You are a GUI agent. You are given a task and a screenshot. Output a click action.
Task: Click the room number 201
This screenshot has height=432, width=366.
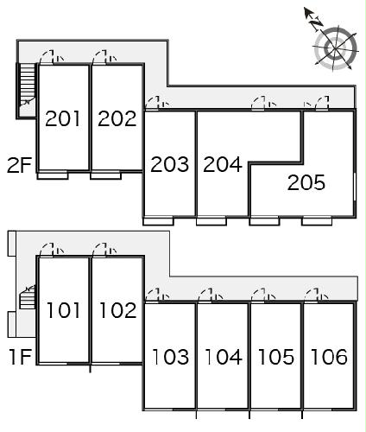(62, 118)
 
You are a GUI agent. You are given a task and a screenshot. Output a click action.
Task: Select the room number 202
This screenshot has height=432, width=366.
(117, 118)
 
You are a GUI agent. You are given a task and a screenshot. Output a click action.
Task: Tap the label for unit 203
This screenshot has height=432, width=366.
(170, 164)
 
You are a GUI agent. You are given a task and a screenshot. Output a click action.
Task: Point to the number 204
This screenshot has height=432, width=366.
(223, 164)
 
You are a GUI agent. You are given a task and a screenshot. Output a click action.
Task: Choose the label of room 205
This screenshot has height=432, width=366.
(306, 182)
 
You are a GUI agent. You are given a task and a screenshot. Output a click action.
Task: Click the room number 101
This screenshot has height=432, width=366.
(63, 310)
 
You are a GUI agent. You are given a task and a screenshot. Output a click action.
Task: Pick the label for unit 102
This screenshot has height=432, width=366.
(117, 310)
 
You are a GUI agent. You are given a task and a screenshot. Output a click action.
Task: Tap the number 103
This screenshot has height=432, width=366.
(170, 357)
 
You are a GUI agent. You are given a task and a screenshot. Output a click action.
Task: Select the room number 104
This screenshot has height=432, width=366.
(224, 357)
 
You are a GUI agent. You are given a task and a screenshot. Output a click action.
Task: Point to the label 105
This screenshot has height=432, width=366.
(276, 357)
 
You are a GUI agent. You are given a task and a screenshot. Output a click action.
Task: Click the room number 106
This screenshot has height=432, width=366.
(329, 357)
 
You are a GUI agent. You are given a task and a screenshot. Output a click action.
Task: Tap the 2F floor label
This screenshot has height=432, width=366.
(19, 165)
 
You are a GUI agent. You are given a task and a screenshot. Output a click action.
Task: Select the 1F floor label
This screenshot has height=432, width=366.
(20, 357)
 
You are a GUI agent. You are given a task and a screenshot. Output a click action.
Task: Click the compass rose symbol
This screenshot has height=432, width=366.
(336, 48)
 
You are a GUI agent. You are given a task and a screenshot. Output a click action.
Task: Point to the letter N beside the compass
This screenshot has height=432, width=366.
(316, 23)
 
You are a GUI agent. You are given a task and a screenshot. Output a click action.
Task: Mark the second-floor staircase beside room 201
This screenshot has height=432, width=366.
(27, 90)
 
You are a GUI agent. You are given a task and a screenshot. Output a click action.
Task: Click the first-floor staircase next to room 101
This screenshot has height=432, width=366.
(28, 297)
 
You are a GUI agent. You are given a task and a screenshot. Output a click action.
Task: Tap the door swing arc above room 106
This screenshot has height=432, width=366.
(312, 294)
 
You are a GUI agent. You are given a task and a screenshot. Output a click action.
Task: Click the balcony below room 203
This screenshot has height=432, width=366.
(158, 221)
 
